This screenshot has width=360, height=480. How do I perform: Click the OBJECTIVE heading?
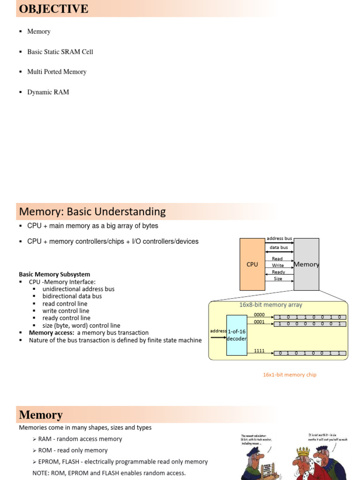[x=53, y=9]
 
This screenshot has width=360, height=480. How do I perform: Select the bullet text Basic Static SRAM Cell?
[x=60, y=52]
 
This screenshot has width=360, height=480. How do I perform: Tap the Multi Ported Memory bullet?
[x=57, y=72]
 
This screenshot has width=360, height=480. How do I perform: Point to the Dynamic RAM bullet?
[x=48, y=92]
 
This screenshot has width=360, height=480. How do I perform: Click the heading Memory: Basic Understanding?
[x=92, y=211]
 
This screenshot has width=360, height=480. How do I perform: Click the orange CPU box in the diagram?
[x=252, y=264]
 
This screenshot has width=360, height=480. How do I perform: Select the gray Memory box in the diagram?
[x=307, y=264]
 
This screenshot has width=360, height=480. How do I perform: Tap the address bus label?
[x=279, y=239]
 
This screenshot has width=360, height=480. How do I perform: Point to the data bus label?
[x=279, y=247]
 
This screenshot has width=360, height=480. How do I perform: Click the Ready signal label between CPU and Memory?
[x=278, y=272]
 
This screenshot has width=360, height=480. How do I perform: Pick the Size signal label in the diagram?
[x=278, y=278]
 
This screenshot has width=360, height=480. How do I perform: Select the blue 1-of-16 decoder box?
[x=237, y=335]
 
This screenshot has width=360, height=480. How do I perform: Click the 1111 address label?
[x=259, y=350]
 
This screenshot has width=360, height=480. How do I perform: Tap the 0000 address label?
[x=259, y=315]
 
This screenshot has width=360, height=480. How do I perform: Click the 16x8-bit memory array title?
[x=270, y=305]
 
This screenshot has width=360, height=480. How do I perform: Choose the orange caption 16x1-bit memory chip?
[x=290, y=375]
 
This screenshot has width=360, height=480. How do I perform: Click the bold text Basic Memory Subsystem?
[x=54, y=274]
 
